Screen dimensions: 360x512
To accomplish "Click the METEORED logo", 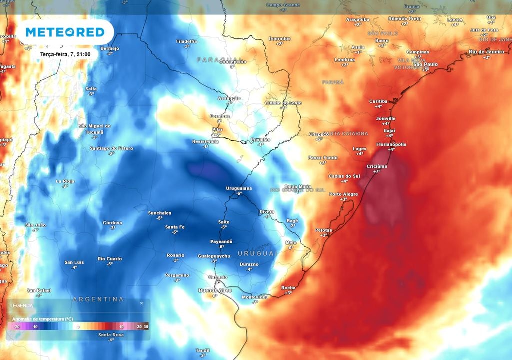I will [65, 32].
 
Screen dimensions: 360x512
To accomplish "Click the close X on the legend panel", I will [141, 303].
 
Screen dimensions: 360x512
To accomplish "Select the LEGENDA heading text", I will [23, 305].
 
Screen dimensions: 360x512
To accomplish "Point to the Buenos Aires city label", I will [214, 290].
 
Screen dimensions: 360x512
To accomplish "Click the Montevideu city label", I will [255, 297].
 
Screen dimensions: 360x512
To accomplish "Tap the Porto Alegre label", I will [344, 194].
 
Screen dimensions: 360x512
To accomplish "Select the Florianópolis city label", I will [391, 144].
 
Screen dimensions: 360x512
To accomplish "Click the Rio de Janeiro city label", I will [487, 52].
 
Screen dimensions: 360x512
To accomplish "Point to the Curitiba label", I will [378, 101].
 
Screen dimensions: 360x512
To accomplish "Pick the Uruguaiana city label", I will [239, 188].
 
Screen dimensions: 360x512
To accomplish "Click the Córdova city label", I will [112, 223].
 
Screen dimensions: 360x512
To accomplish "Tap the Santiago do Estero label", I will [111, 148].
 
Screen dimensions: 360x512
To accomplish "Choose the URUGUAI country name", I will [257, 254].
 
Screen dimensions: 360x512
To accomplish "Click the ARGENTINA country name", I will [98, 299].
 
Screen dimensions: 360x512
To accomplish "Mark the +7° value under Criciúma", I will [377, 171].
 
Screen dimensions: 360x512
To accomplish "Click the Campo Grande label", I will [283, 5].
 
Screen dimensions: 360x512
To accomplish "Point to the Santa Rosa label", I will [111, 335].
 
